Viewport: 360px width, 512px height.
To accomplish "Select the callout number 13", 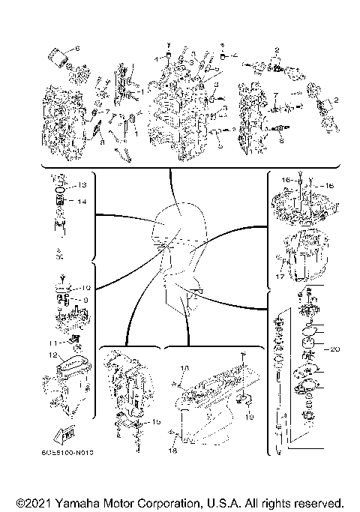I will point(82,184).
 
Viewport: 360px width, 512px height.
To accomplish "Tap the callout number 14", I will point(82,202).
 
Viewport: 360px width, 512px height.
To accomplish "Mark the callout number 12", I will point(53,355).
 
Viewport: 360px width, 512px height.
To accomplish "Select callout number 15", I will point(157,422).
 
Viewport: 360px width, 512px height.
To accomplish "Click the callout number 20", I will point(335,348).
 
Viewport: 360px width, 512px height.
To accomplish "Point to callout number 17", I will point(279,276).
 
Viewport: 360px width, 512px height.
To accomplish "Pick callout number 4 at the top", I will point(235,55).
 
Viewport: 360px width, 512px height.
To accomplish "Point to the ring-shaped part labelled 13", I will point(61,190).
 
